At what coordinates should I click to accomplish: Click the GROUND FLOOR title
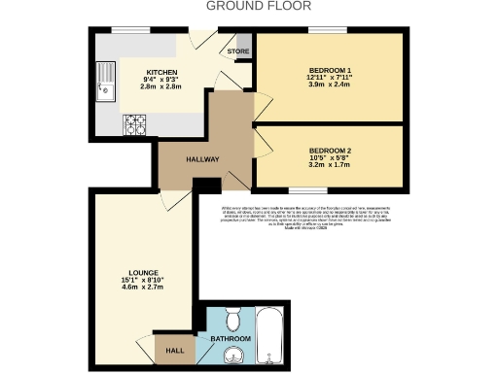[249, 6]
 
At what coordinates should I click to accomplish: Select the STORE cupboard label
[237, 51]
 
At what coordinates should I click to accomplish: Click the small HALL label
[174, 351]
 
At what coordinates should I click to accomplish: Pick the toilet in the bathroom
[232, 318]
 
